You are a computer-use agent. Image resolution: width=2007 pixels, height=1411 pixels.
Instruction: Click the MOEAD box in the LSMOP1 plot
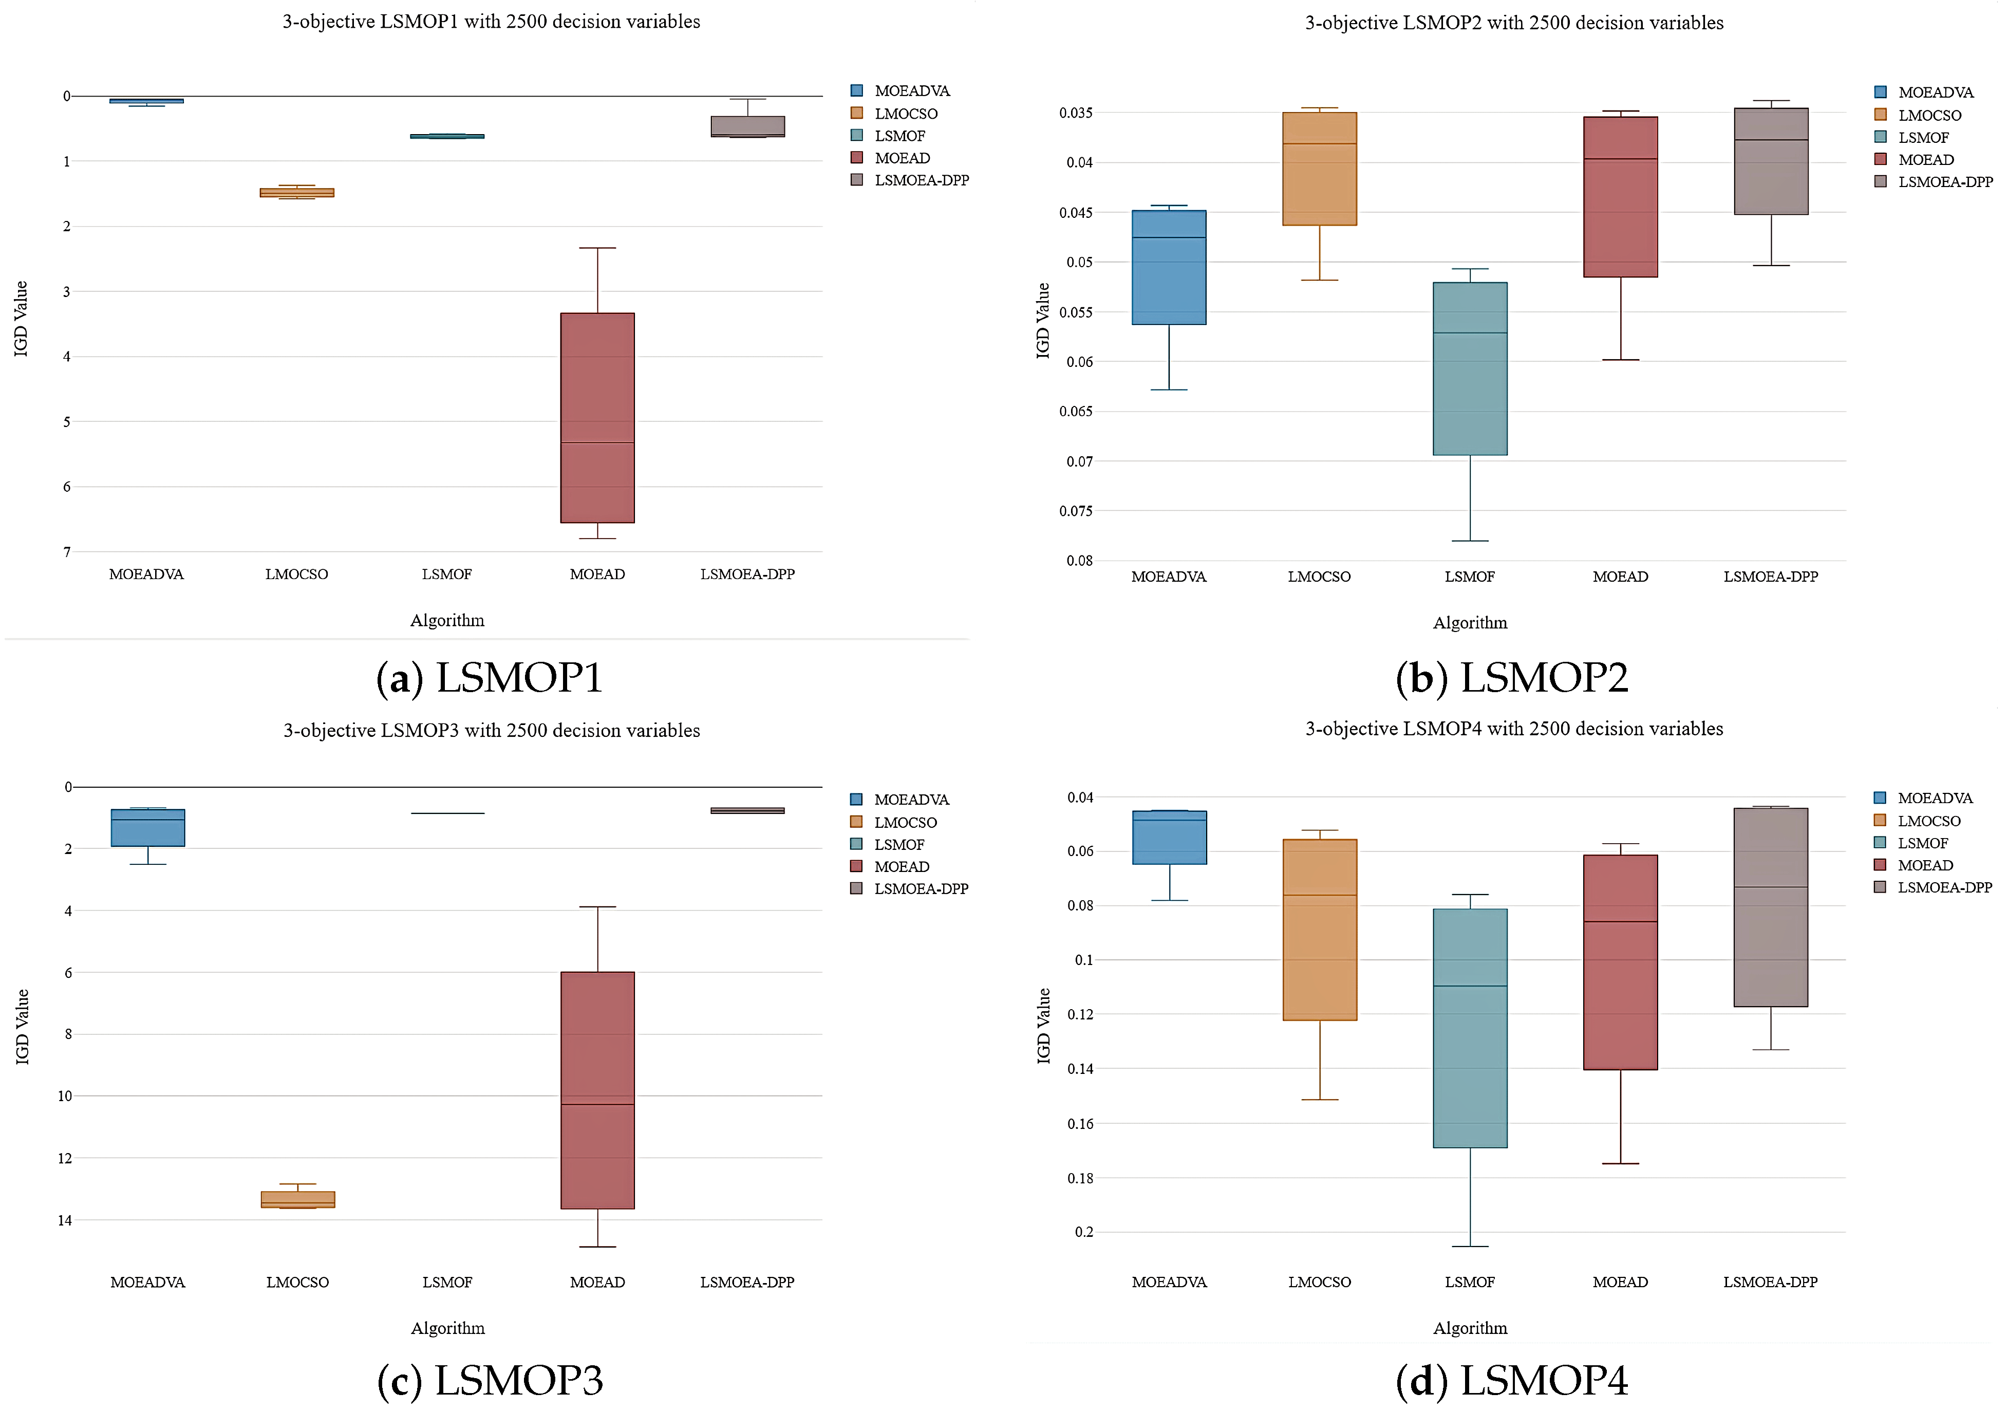point(597,417)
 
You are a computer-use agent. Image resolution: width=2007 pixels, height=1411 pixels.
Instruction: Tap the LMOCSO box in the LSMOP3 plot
point(297,1199)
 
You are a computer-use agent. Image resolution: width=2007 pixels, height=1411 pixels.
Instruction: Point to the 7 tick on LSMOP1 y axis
point(66,552)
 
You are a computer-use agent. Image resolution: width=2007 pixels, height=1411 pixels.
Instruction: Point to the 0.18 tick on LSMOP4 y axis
point(1080,1178)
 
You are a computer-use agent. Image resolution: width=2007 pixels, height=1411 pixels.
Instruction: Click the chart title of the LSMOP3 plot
point(491,730)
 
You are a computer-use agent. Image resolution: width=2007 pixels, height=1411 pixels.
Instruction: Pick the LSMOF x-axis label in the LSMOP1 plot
point(447,574)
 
